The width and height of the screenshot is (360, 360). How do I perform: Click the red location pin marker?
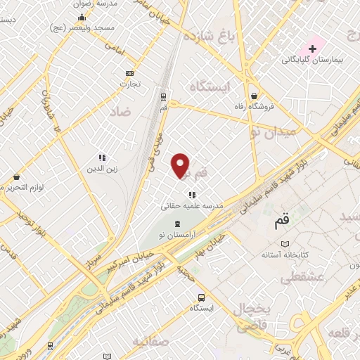click(x=181, y=166)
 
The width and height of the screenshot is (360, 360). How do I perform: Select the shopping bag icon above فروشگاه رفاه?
click(x=253, y=96)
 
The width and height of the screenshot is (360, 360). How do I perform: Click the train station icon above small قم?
click(x=163, y=97)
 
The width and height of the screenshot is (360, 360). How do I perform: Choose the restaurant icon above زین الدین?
click(x=102, y=157)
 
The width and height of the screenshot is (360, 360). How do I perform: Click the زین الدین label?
click(x=103, y=169)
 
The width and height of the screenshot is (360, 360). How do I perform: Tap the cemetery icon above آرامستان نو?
click(x=177, y=223)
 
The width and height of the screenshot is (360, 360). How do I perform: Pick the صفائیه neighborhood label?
click(x=150, y=342)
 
